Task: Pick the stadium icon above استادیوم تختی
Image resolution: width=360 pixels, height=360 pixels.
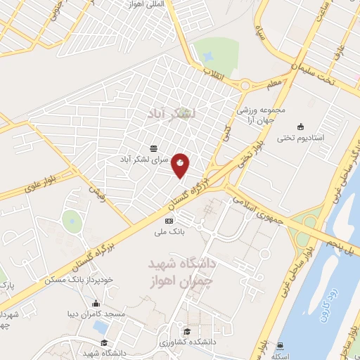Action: pyautogui.click(x=301, y=127)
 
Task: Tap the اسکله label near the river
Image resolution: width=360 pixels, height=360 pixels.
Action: pyautogui.click(x=282, y=355)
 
